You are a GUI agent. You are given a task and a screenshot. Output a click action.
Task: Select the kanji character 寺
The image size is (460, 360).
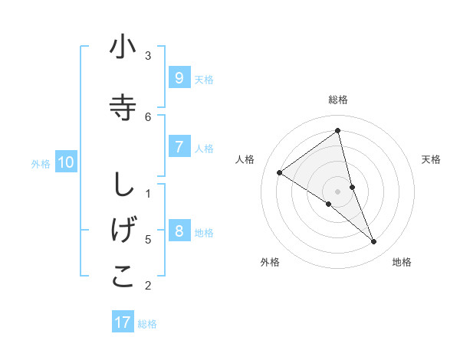pyautogui.click(x=123, y=107)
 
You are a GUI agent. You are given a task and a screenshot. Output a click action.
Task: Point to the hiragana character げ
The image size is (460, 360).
pyautogui.click(x=123, y=230)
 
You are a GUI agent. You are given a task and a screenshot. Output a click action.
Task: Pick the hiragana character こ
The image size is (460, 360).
pyautogui.click(x=123, y=277)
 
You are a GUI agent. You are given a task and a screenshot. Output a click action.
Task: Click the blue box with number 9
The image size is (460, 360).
pyautogui.click(x=179, y=77)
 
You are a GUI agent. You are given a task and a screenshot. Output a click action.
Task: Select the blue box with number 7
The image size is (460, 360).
pyautogui.click(x=179, y=146)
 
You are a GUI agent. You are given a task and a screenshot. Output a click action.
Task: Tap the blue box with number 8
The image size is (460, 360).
pyautogui.click(x=179, y=231)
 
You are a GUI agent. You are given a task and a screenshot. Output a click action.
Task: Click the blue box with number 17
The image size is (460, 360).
pyautogui.click(x=123, y=322)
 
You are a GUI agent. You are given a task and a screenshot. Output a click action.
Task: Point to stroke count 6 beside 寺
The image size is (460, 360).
pyautogui.click(x=148, y=116)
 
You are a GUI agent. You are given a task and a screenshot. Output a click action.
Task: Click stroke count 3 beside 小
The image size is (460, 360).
pyautogui.click(x=148, y=55)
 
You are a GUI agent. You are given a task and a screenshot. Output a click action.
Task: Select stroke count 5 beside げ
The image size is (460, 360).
pyautogui.click(x=148, y=239)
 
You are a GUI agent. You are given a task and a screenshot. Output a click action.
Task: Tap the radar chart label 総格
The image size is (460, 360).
pyautogui.click(x=338, y=100)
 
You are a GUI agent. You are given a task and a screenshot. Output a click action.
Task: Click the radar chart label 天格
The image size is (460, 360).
pyautogui.click(x=432, y=159)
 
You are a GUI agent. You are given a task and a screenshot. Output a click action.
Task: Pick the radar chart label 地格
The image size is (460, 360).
pyautogui.click(x=402, y=262)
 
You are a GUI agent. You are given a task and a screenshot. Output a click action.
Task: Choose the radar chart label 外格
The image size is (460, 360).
pyautogui.click(x=270, y=262)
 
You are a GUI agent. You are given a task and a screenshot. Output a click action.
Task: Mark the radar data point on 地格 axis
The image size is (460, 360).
pyautogui.click(x=374, y=242)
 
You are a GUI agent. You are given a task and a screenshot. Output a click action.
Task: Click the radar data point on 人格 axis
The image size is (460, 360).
pyautogui.click(x=279, y=172)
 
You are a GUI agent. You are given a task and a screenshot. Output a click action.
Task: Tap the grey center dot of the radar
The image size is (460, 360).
pyautogui.click(x=338, y=191)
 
